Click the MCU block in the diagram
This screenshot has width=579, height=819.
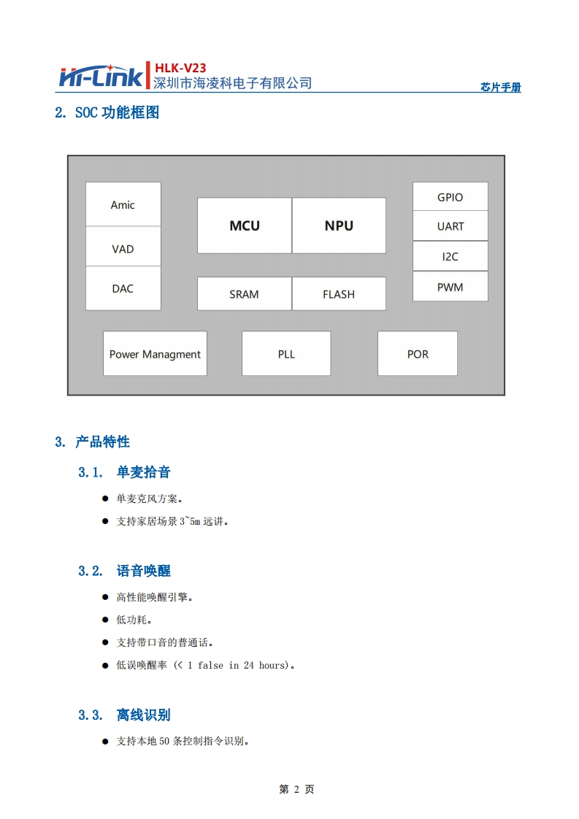pyautogui.click(x=244, y=226)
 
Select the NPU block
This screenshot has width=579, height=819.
pyautogui.click(x=339, y=226)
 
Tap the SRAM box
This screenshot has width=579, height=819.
pyautogui.click(x=244, y=294)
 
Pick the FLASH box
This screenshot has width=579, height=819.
pyautogui.click(x=339, y=294)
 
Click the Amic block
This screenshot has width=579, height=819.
pyautogui.click(x=123, y=204)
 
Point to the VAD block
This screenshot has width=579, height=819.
pyautogui.click(x=123, y=249)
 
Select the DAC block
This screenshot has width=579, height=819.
pyautogui.click(x=123, y=288)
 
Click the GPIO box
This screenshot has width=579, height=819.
pyautogui.click(x=450, y=197)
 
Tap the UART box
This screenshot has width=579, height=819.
pyautogui.click(x=450, y=226)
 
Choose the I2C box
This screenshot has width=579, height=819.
pyautogui.click(x=450, y=256)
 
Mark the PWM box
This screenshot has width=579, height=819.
pyautogui.click(x=450, y=287)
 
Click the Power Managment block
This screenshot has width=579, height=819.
pyautogui.click(x=155, y=354)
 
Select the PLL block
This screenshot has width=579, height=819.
pyautogui.click(x=286, y=354)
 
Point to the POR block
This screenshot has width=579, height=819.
pyautogui.click(x=418, y=354)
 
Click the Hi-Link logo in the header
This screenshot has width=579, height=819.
pyautogui.click(x=101, y=76)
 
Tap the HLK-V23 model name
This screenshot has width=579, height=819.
pyautogui.click(x=180, y=68)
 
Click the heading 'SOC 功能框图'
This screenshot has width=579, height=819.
pyautogui.click(x=117, y=112)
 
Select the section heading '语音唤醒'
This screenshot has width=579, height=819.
pyautogui.click(x=143, y=571)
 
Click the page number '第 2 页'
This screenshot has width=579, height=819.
pyautogui.click(x=296, y=789)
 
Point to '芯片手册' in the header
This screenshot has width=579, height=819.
pyautogui.click(x=501, y=88)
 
